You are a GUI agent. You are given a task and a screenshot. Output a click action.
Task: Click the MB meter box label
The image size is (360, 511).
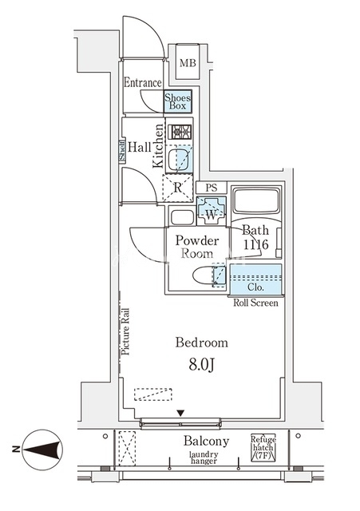188,62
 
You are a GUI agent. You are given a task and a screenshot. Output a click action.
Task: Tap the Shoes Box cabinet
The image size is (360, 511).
177,101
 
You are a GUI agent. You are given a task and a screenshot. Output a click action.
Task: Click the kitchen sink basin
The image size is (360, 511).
178,159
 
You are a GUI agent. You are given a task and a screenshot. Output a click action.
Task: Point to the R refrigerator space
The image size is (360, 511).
177,188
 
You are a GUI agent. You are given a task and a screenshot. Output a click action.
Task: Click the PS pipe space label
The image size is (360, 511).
212,188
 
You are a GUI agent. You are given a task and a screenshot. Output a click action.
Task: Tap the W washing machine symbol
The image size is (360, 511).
212,211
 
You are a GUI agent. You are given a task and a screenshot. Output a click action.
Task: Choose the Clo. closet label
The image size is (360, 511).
255,287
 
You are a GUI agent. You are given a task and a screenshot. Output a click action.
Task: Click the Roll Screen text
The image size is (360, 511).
255,303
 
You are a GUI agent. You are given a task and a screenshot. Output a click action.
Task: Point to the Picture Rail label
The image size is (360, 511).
125,331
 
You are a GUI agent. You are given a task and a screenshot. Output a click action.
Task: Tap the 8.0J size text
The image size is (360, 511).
201,366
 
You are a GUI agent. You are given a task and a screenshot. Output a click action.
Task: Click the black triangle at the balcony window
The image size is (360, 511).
181,414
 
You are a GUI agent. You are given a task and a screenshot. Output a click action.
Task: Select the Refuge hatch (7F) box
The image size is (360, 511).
263,447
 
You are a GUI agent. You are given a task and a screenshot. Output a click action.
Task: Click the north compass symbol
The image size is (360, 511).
42,450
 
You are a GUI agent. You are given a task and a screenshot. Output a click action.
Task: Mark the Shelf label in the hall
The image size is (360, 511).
122,151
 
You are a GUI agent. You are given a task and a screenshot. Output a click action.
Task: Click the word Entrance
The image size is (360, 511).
143,82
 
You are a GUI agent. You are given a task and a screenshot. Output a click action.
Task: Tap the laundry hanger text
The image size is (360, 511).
204,458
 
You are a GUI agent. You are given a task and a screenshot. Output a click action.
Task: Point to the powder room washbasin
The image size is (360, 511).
182,217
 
